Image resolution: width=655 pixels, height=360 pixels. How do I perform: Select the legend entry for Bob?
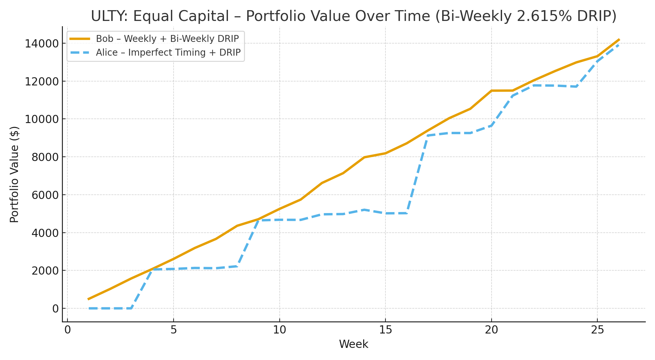pyautogui.click(x=167, y=39)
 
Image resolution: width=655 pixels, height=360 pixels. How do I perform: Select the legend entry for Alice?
pyautogui.click(x=168, y=52)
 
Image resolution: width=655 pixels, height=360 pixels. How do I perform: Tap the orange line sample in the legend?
pyautogui.click(x=80, y=39)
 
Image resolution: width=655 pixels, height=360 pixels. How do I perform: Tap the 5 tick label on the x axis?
pyautogui.click(x=174, y=330)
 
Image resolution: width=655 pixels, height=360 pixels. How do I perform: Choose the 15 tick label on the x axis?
pyautogui.click(x=385, y=330)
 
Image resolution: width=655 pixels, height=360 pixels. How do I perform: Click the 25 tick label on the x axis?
pyautogui.click(x=597, y=330)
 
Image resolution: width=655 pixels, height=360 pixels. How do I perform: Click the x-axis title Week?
pyautogui.click(x=353, y=344)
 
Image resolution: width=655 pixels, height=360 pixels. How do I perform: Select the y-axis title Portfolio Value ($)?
pyautogui.click(x=14, y=174)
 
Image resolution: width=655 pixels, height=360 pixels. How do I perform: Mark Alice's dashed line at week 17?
pyautogui.click(x=428, y=135)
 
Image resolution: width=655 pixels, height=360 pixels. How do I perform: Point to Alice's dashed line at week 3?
pyautogui.click(x=131, y=308)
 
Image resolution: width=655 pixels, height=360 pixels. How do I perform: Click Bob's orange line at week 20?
pyautogui.click(x=491, y=91)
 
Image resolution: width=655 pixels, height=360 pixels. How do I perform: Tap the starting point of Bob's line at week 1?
pyautogui.click(x=88, y=299)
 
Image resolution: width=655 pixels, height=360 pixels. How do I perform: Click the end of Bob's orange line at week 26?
pyautogui.click(x=619, y=40)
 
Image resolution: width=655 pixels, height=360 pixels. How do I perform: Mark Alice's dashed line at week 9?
pyautogui.click(x=258, y=220)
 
